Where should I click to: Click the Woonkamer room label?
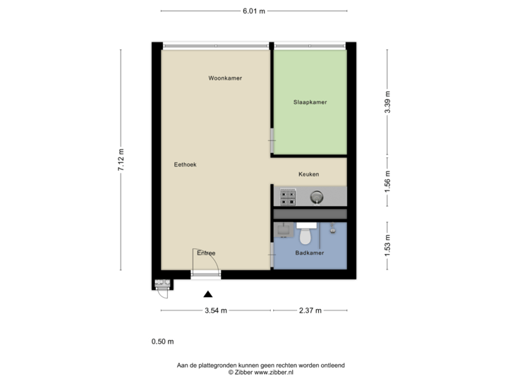tap(225, 78)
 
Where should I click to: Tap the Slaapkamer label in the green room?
tap(310, 102)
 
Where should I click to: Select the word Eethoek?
tap(185, 164)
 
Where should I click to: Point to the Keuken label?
tap(309, 174)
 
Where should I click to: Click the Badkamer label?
tap(310, 253)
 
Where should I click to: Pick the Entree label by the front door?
tap(206, 253)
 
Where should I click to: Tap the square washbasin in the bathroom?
tap(286, 229)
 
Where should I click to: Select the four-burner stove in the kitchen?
tap(288, 195)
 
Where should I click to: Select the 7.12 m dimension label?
tap(121, 160)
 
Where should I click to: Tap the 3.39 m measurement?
tap(387, 102)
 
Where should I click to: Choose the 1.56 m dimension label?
tap(387, 181)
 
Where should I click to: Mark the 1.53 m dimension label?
tap(387, 246)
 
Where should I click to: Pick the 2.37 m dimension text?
tap(310, 310)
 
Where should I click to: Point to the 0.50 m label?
tap(162, 341)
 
